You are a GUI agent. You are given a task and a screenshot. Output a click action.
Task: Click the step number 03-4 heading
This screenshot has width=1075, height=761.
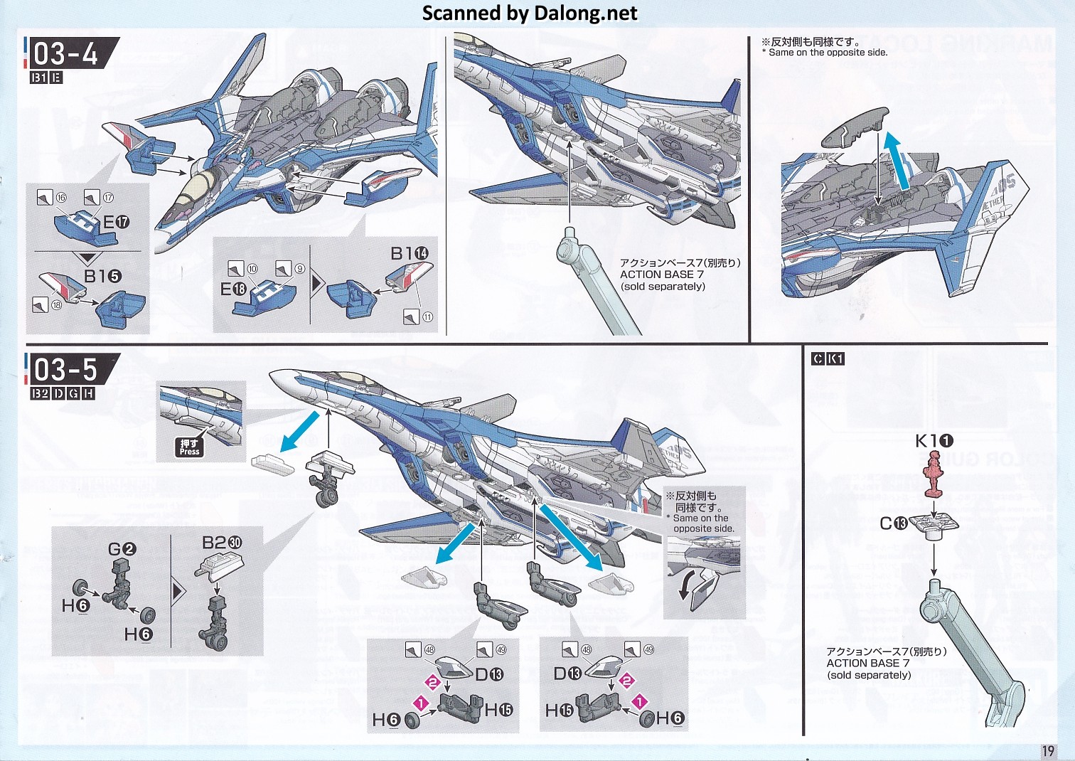click(66, 53)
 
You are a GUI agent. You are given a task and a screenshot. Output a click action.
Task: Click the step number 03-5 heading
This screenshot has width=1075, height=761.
click(66, 370)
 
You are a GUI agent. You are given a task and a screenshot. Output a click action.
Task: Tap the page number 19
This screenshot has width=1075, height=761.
click(1048, 751)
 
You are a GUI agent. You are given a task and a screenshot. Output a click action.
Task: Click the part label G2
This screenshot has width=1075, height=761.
click(122, 549)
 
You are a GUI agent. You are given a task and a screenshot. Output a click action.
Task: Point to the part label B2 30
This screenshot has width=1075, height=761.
click(222, 543)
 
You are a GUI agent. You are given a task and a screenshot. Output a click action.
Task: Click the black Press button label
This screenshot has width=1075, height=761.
click(189, 447)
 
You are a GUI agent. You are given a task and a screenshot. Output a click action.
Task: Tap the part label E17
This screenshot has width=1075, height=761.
click(116, 223)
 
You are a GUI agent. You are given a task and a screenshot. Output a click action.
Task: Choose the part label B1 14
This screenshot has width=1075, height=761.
click(410, 254)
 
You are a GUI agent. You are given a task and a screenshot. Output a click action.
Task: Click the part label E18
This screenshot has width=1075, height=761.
click(233, 289)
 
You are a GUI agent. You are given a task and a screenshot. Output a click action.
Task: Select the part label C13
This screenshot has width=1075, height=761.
click(893, 523)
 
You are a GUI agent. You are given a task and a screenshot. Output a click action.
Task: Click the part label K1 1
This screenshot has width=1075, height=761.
click(934, 441)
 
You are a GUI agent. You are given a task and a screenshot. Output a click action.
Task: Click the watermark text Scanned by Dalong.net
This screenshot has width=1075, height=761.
click(530, 13)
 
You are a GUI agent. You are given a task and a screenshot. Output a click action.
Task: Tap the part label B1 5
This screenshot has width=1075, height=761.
click(102, 276)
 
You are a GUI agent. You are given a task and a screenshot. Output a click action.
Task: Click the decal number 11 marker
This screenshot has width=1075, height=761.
click(427, 317)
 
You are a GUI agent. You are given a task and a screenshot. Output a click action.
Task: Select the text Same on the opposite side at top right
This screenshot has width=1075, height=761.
click(828, 52)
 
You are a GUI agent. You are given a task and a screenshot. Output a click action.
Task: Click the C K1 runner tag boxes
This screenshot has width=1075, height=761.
click(828, 359)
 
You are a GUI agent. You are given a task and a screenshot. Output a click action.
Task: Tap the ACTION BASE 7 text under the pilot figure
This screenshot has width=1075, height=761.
click(867, 663)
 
